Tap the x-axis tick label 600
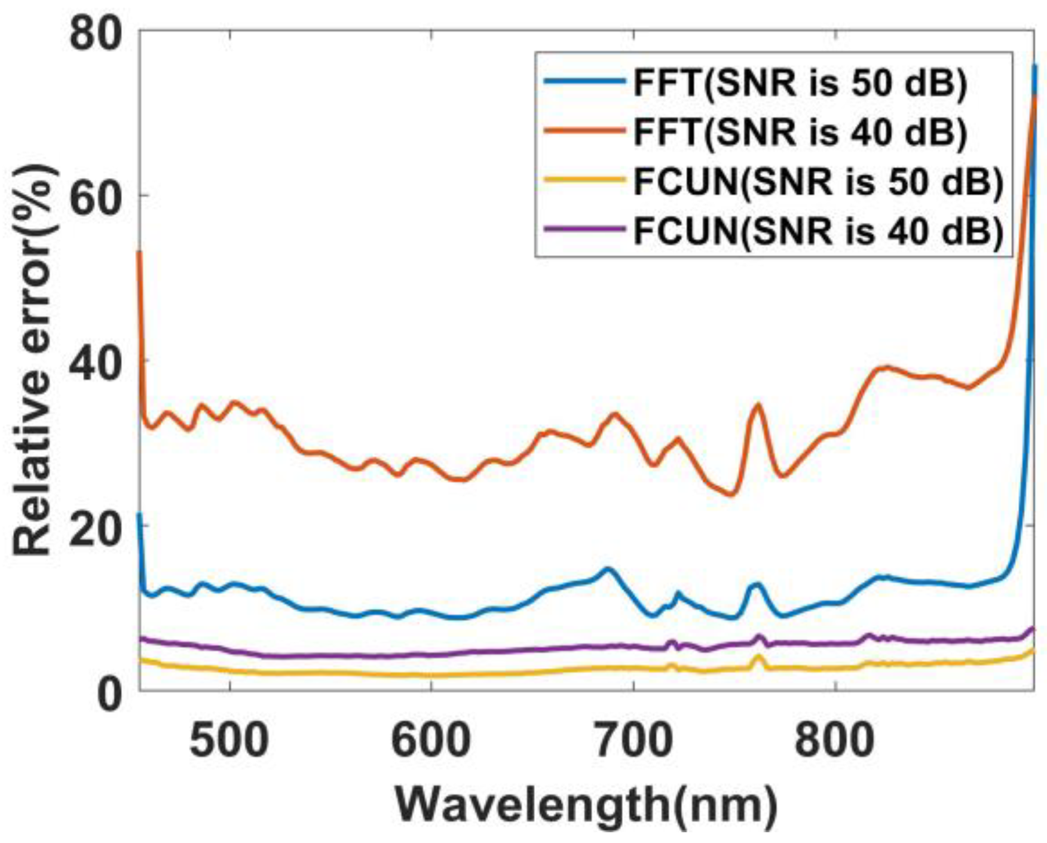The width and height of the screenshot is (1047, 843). pos(431,740)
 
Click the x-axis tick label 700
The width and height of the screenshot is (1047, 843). pos(633,740)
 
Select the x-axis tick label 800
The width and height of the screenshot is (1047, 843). pos(835,740)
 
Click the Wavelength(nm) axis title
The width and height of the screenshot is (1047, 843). pos(586,806)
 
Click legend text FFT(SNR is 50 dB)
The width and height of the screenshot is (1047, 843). pos(800,84)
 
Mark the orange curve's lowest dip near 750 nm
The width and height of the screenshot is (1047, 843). pos(732,495)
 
